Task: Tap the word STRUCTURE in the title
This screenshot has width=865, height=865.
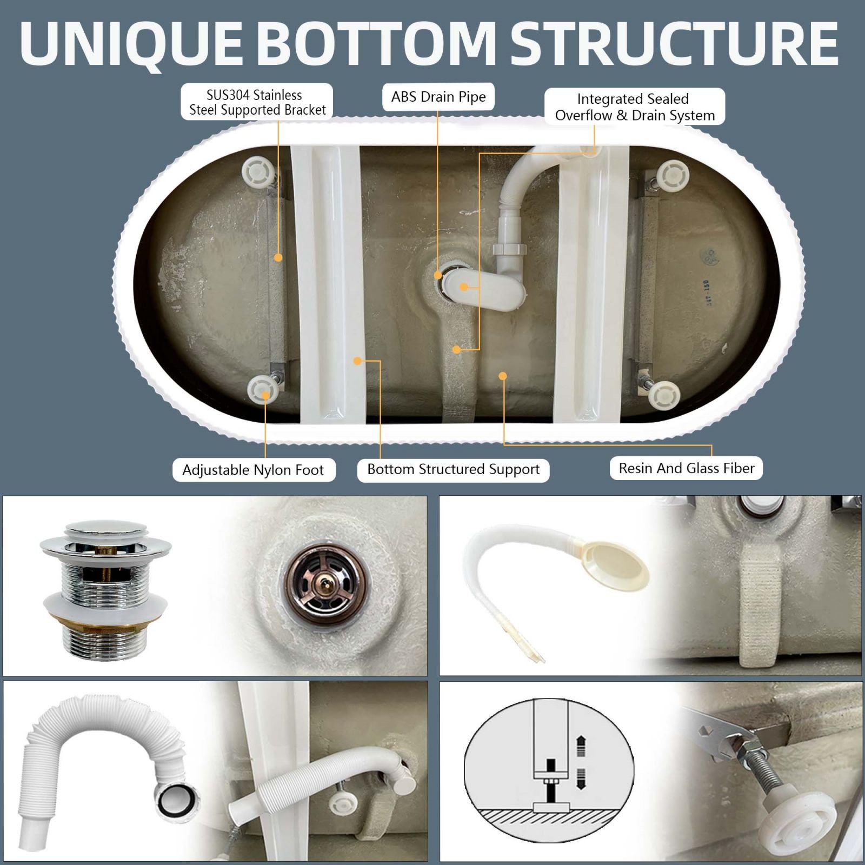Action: tap(674, 43)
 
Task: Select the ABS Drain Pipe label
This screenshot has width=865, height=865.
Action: tap(438, 97)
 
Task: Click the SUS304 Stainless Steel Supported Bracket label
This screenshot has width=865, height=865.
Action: tap(257, 102)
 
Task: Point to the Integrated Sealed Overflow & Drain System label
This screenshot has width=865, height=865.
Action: tap(635, 107)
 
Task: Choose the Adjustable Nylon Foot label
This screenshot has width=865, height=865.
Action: tap(254, 470)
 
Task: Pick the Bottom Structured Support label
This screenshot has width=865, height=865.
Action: tap(453, 469)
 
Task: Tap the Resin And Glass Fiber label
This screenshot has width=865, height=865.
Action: tap(687, 468)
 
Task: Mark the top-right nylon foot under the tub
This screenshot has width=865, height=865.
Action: tap(672, 176)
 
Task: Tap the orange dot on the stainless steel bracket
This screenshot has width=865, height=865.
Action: tap(278, 258)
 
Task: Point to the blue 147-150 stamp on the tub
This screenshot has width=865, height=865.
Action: tap(707, 292)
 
